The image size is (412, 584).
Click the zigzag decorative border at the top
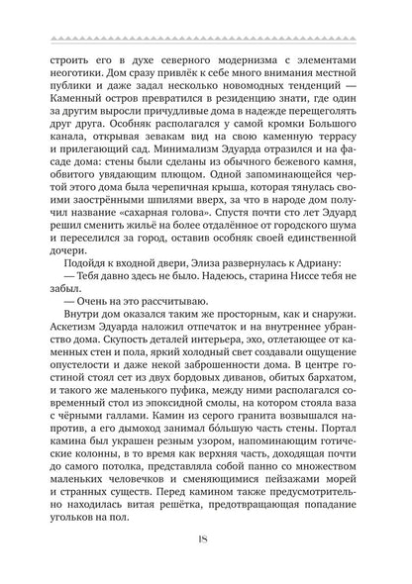click(x=206, y=39)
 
